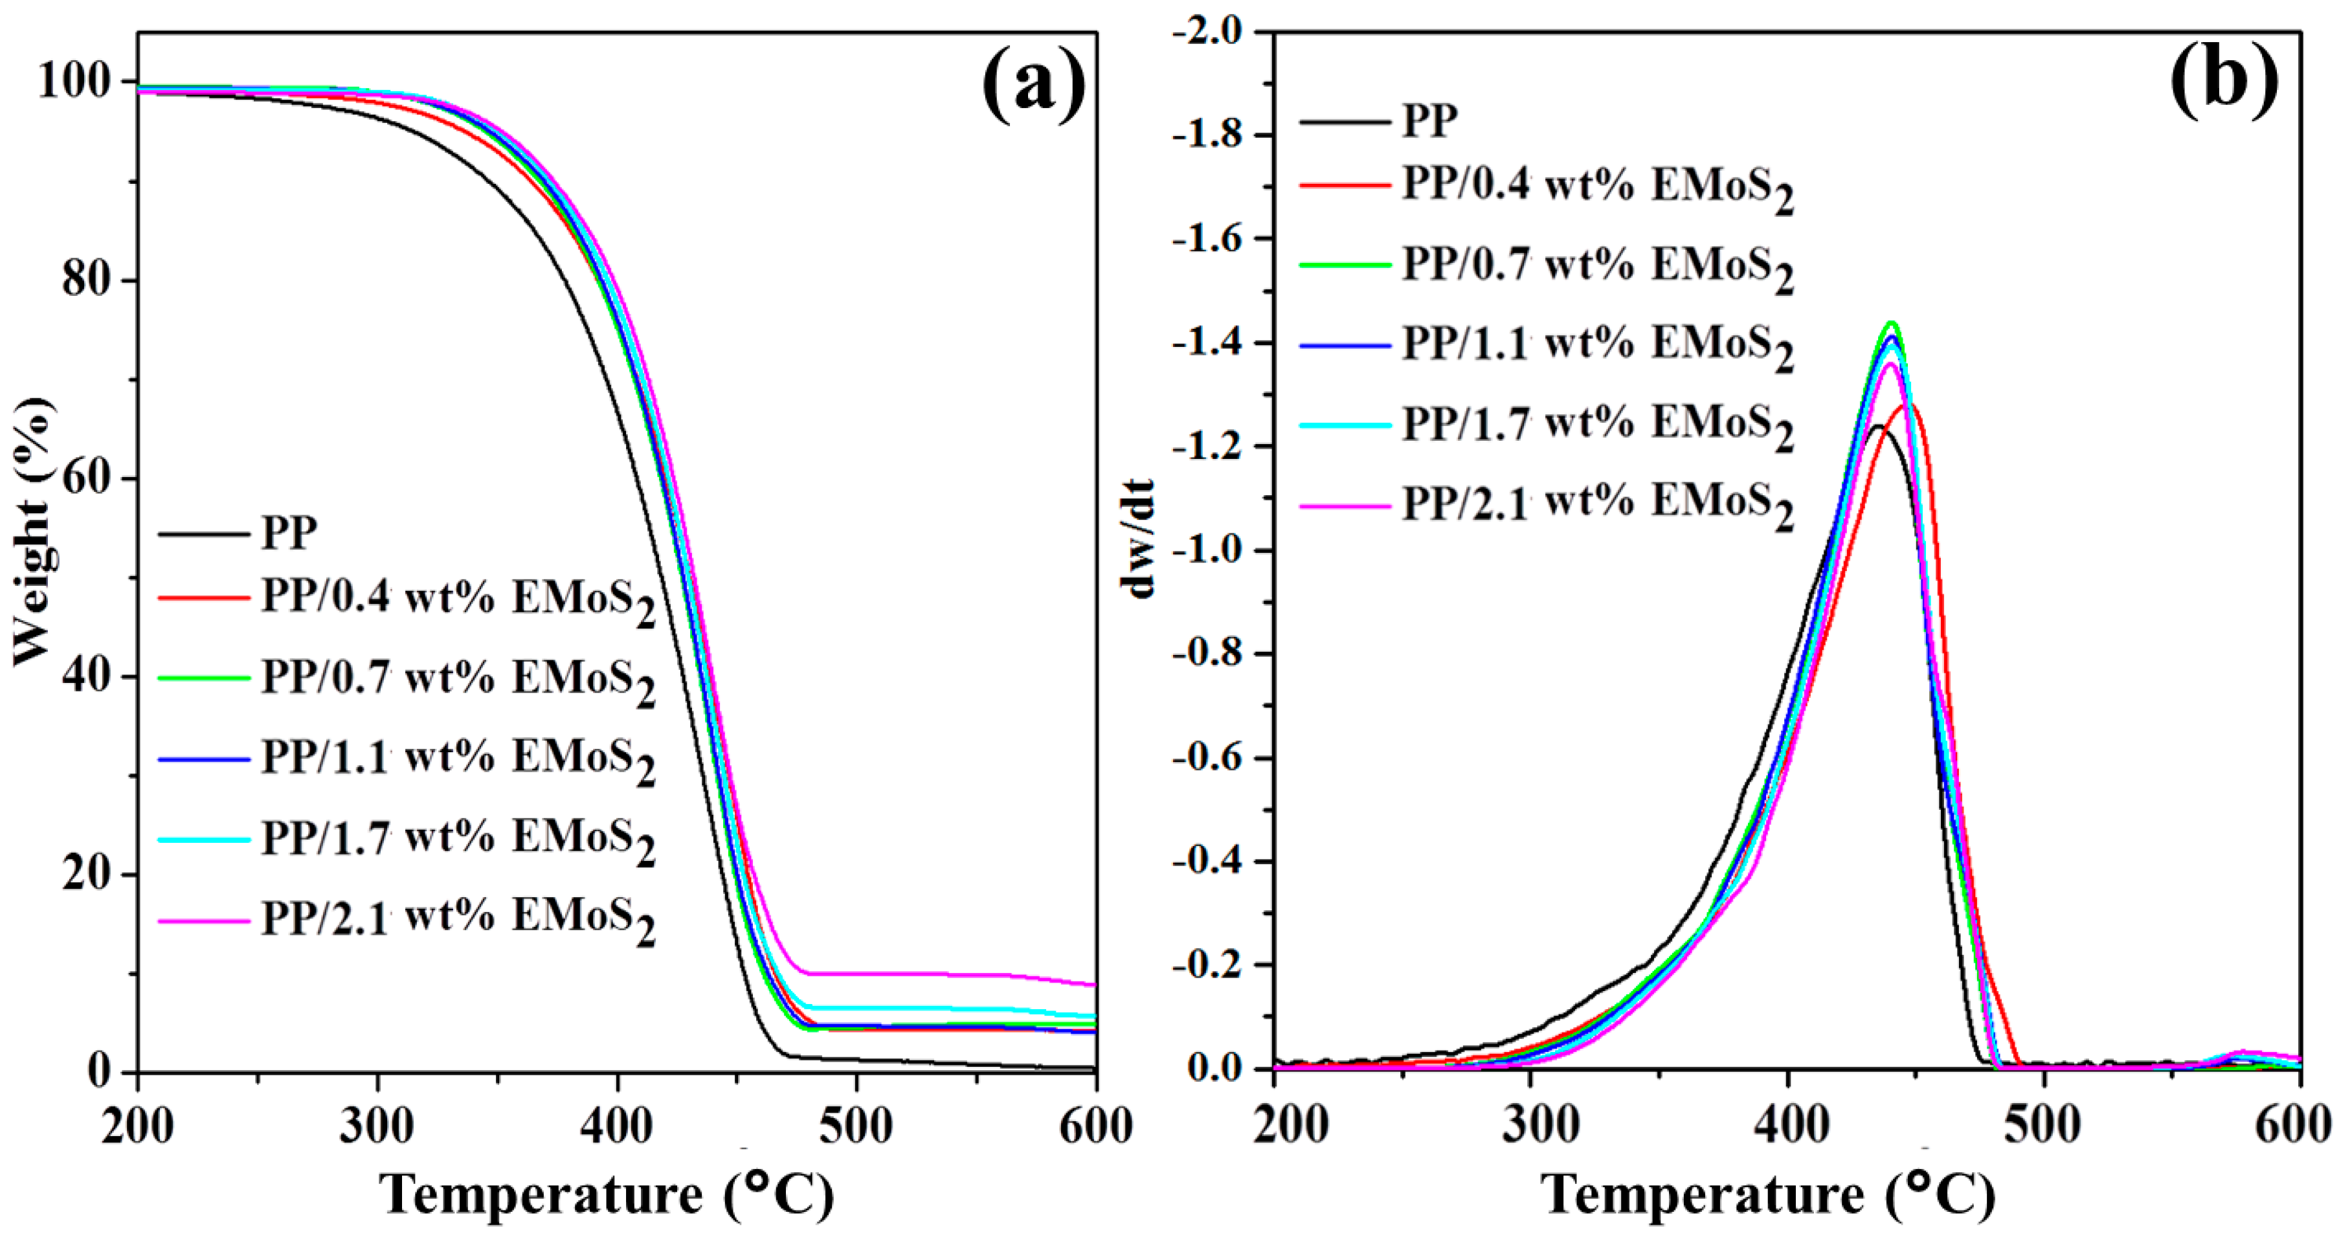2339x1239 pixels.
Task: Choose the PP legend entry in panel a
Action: pyautogui.click(x=289, y=533)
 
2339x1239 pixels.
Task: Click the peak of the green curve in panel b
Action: pyautogui.click(x=1892, y=323)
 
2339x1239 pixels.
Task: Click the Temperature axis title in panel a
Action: pyautogui.click(x=607, y=1194)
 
